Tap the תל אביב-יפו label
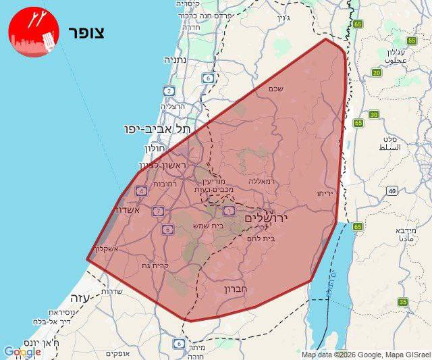pos(157,128)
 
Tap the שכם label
pos(275,88)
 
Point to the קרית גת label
pos(155,265)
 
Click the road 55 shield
pos(412,41)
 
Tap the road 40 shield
pos(392,191)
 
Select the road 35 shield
pos(402,302)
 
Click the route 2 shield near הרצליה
pos(168,91)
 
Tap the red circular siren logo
pos(30,32)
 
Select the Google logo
pos(22,352)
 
